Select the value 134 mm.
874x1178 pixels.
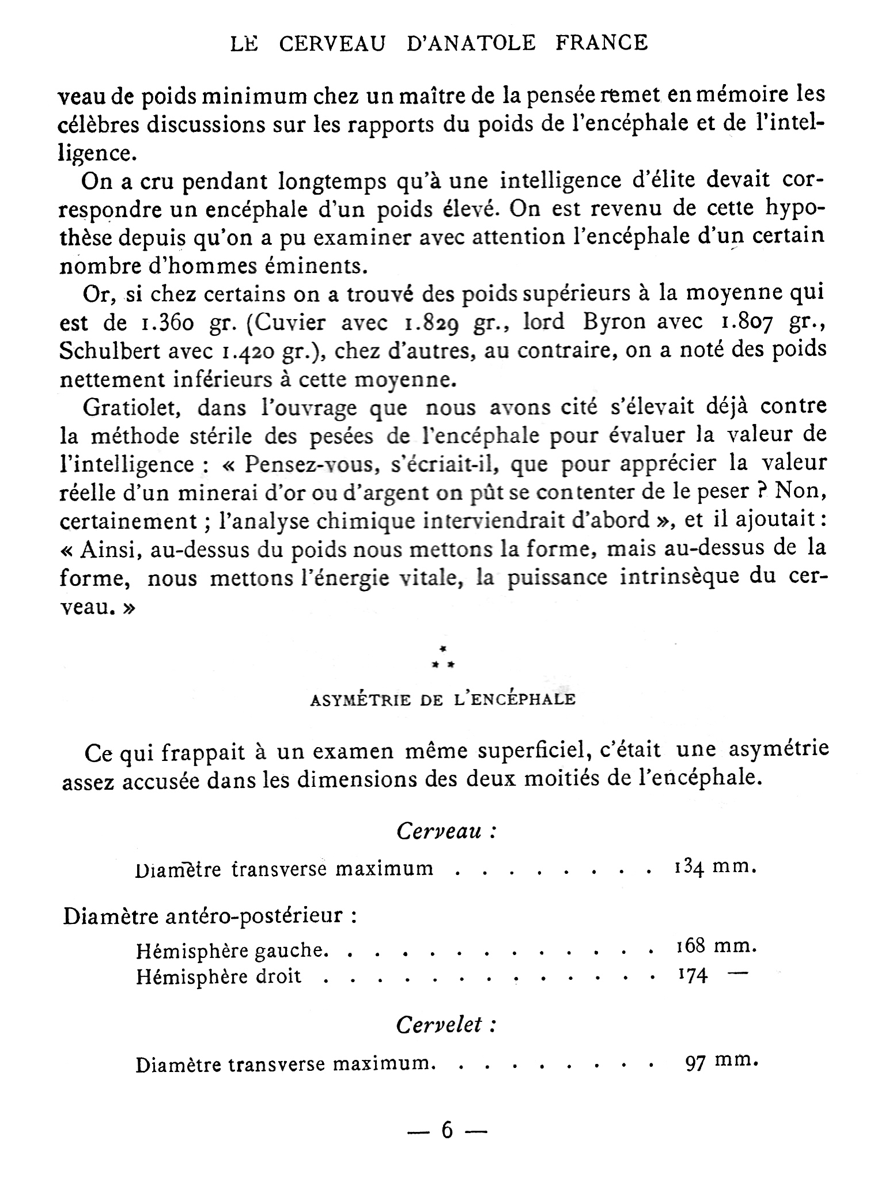(x=713, y=867)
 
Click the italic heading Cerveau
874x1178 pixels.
(x=445, y=831)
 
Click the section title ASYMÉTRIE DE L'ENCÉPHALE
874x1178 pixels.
(x=442, y=700)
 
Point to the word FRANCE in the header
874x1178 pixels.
(x=602, y=44)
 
